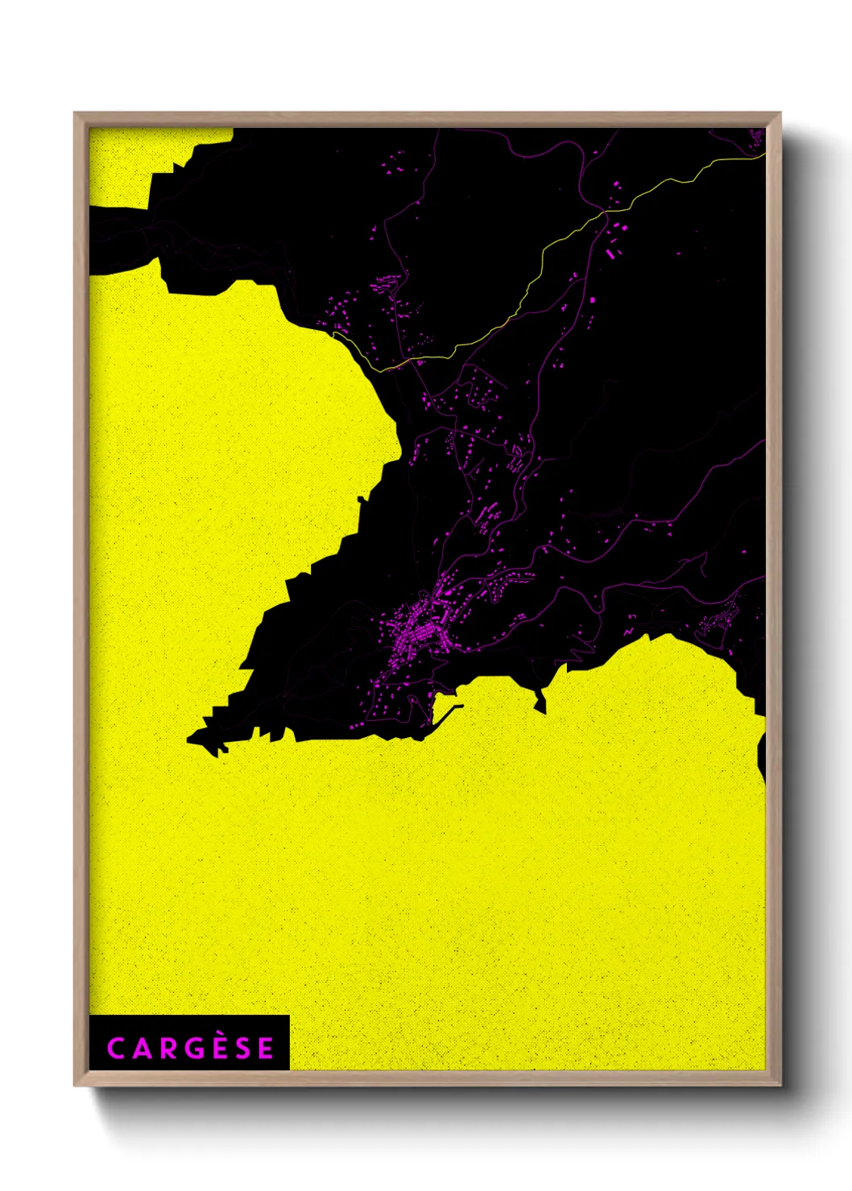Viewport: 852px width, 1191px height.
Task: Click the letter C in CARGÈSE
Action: [x=115, y=1049]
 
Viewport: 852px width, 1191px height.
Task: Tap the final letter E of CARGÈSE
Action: [x=265, y=1049]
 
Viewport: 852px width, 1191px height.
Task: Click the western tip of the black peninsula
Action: [x=191, y=738]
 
